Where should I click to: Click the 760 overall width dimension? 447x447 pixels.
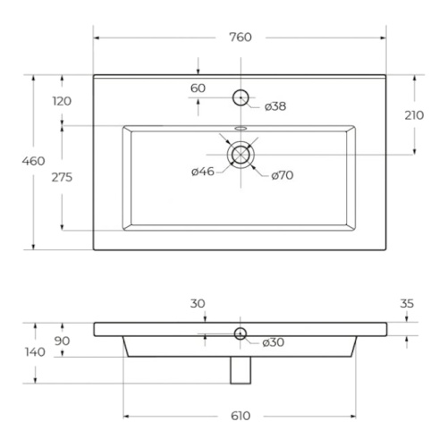point(240,38)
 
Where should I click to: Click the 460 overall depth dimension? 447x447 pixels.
point(33,161)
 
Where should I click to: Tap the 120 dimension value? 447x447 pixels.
point(62,101)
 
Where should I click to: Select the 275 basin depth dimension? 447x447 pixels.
point(62,177)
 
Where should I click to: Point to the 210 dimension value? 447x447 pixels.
point(414,115)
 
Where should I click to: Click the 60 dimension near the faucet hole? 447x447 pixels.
point(198,89)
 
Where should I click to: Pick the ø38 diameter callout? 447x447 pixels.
point(275,106)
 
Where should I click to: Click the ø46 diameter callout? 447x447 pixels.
point(203,172)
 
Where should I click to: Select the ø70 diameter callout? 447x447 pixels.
point(283,175)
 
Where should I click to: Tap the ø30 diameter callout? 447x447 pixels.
point(274,342)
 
